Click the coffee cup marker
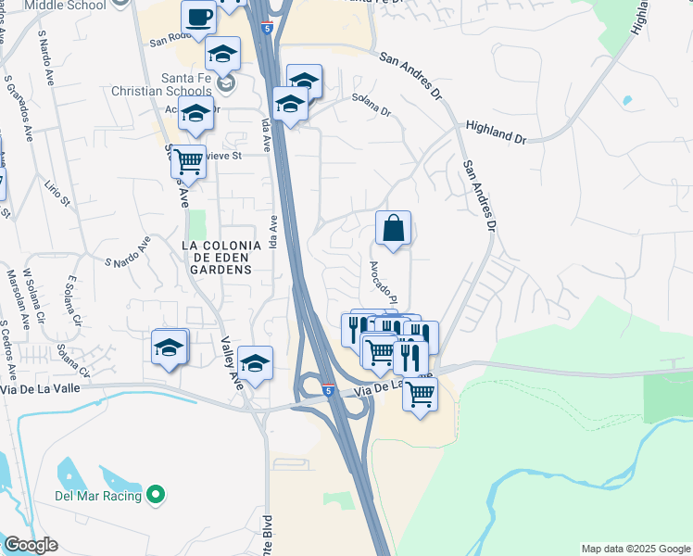click(x=199, y=18)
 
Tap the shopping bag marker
click(x=393, y=228)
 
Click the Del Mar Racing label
click(x=97, y=496)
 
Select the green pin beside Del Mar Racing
click(x=156, y=496)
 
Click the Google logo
click(x=30, y=545)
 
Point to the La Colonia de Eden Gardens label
click(x=217, y=257)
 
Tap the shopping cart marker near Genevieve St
click(x=188, y=162)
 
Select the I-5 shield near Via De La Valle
click(x=329, y=391)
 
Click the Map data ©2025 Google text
click(x=635, y=549)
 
